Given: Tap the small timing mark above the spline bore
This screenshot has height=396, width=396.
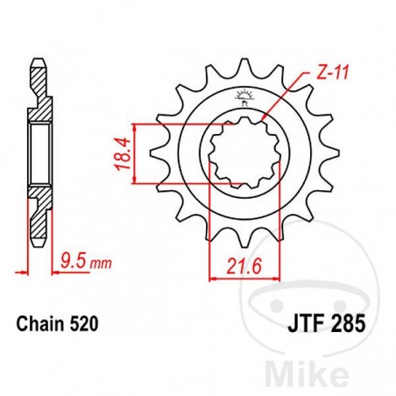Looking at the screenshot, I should (x=243, y=100).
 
